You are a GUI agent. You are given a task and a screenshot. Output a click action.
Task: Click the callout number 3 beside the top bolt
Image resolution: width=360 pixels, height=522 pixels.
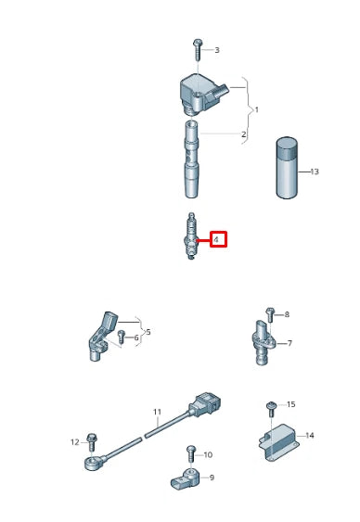[x=216, y=50]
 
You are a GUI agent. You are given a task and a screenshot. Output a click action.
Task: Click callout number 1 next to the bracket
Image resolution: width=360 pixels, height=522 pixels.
[x=256, y=110]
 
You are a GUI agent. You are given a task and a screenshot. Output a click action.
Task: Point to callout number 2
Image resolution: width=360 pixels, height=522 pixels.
[x=243, y=135]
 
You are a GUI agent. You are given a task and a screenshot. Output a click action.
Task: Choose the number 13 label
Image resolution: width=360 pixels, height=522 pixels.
[x=314, y=172]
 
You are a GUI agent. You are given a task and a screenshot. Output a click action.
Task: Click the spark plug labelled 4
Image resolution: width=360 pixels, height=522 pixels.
[x=190, y=239]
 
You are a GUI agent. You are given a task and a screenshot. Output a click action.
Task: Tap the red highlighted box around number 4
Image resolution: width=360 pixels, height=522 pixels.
[x=217, y=239]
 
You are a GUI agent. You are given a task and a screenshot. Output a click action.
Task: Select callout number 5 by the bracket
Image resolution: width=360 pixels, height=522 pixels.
[x=148, y=331]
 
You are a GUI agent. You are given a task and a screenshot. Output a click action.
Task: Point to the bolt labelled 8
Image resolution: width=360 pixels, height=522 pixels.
[x=267, y=316]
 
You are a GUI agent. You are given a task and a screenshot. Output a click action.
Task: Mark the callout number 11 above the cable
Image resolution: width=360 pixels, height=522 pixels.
[x=157, y=411]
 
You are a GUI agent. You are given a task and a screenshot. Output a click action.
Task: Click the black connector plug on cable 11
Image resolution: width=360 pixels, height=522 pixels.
[x=204, y=406]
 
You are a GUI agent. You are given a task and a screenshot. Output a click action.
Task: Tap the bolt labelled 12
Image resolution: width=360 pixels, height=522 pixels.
[x=91, y=442]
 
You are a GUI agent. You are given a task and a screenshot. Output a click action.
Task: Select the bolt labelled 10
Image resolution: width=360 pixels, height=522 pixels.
[x=190, y=454]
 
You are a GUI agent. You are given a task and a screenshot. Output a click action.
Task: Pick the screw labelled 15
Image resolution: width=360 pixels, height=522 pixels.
[x=272, y=406]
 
